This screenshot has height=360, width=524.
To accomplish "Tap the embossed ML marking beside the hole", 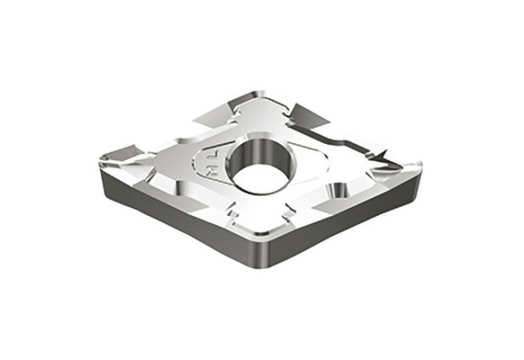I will [x=209, y=165].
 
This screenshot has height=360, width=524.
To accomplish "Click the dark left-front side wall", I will [x=172, y=223].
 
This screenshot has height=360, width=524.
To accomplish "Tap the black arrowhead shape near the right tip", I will [x=383, y=160].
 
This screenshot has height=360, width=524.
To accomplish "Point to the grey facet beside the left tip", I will [x=125, y=153].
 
